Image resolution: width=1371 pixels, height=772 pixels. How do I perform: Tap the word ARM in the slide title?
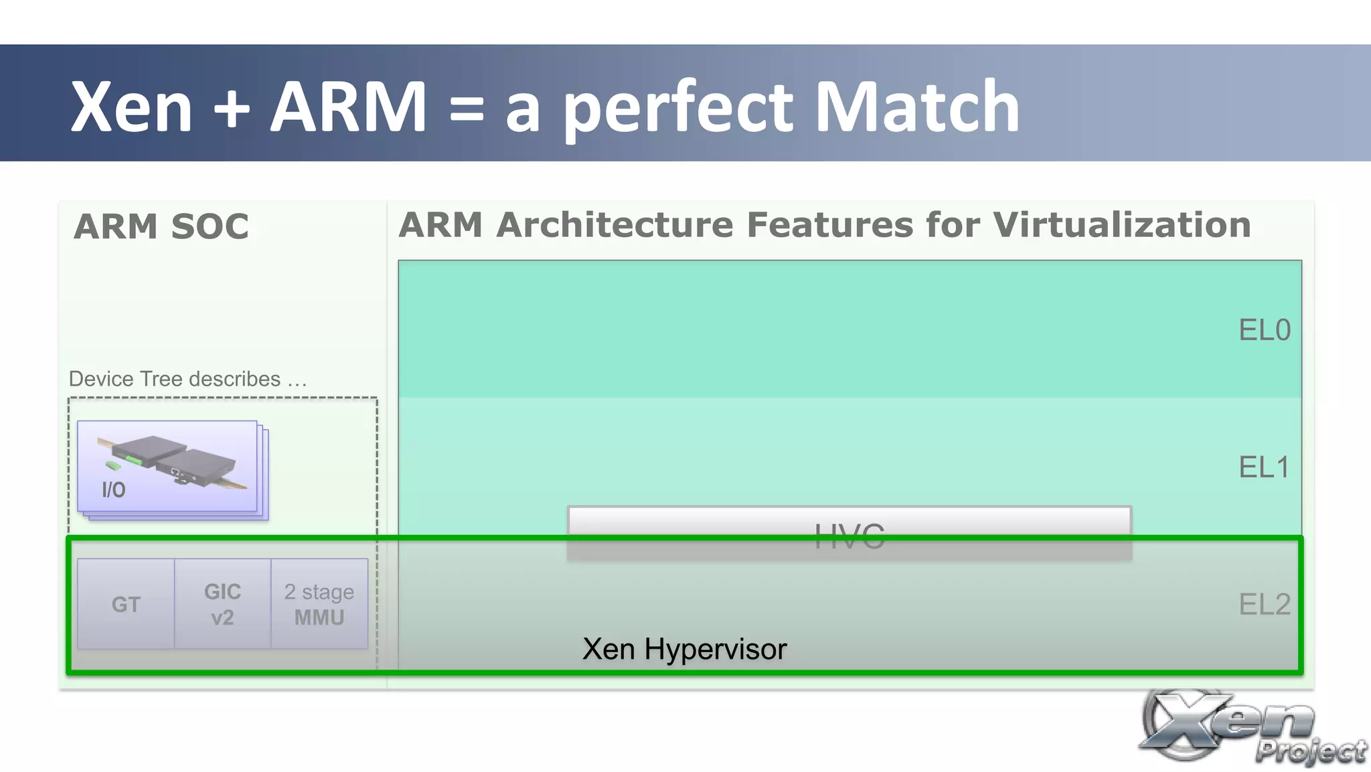point(348,107)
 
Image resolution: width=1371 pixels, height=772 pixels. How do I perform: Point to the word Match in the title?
point(917,107)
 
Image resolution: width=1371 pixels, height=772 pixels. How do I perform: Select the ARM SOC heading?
point(161,226)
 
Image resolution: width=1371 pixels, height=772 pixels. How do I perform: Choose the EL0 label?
point(1264,330)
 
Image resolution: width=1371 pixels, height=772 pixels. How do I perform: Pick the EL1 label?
point(1264,467)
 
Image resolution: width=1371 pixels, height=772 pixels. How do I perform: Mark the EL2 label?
point(1264,605)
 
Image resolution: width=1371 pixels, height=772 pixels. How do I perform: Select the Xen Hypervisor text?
point(684,649)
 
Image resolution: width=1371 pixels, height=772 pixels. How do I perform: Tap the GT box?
point(126,604)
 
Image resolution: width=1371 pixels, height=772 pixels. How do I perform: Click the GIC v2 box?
point(223,604)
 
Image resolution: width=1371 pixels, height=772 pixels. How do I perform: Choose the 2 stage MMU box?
point(319,604)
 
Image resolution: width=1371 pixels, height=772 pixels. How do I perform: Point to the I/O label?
point(114,490)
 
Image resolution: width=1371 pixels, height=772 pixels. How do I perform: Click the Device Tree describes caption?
point(187,379)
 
